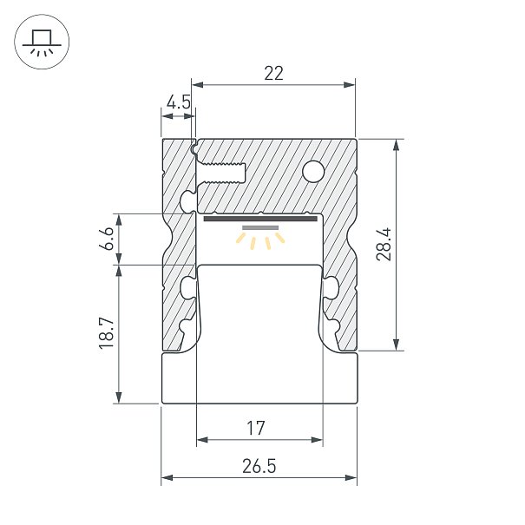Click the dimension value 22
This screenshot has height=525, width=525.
(x=273, y=73)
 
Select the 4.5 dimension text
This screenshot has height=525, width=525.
(x=179, y=102)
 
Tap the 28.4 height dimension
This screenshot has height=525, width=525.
(x=384, y=244)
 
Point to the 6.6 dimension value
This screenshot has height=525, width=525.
(x=108, y=239)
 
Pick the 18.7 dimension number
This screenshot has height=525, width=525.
(x=108, y=334)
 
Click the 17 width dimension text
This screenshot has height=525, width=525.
(x=256, y=428)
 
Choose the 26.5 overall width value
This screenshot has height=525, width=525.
(x=259, y=466)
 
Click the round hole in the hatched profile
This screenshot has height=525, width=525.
(x=313, y=172)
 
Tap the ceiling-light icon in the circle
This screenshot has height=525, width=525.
(x=42, y=42)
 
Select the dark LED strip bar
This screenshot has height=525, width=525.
(x=260, y=219)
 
